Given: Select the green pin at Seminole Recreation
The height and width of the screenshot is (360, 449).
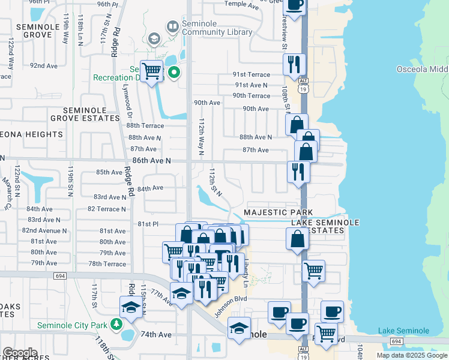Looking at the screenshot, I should coord(174,73).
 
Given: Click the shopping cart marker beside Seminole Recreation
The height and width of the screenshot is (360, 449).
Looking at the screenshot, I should coord(152,72).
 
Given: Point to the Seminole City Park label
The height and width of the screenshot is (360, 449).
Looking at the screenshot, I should coord(72,325).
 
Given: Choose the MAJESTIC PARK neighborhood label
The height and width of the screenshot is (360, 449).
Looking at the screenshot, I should coord(279,213).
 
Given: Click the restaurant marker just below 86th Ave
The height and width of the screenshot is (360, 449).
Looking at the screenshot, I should coord(298,172).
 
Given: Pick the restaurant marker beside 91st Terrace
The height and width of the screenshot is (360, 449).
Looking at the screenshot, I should coord(294,64).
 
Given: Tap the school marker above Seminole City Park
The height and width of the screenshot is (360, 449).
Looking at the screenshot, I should coord(130,307).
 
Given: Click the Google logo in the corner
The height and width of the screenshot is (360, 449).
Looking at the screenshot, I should coord(19,353).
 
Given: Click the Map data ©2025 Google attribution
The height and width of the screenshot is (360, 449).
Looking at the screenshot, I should coord(412,355).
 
